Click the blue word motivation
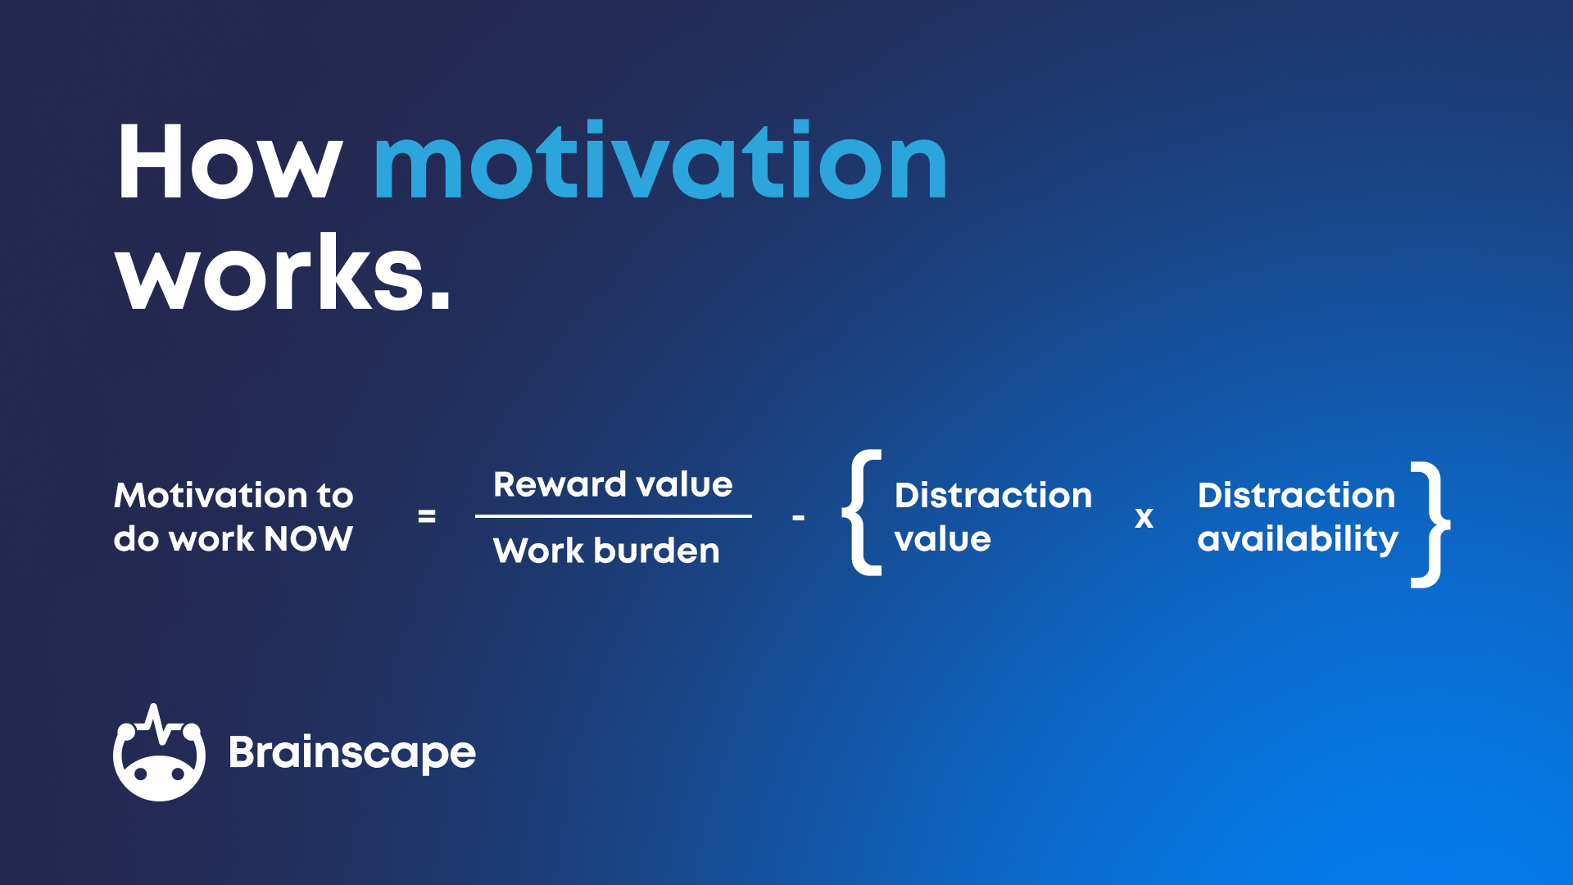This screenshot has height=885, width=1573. [x=660, y=161]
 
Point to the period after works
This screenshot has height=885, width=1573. [x=440, y=301]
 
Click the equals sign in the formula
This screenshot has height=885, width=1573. [x=426, y=516]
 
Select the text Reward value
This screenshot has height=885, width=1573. [x=613, y=484]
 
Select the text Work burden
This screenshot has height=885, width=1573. [x=606, y=551]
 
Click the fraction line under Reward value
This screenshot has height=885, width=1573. [x=613, y=516]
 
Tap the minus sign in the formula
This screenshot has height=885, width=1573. [x=798, y=518]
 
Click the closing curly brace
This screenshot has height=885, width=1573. [x=1429, y=524]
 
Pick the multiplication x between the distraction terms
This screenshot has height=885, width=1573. [x=1144, y=518]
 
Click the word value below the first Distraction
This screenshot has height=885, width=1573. [x=942, y=539]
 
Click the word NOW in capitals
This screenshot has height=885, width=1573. [x=309, y=539]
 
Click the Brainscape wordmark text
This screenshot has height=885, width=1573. [x=351, y=752]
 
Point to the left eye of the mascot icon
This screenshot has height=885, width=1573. [x=141, y=773]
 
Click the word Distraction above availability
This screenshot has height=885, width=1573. [x=1296, y=495]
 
